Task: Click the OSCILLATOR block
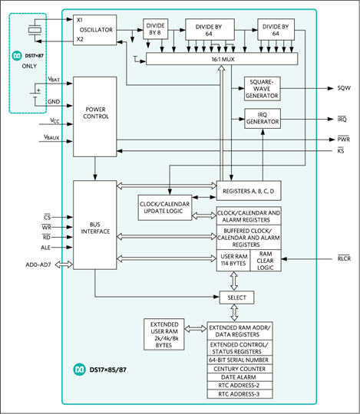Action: tap(94, 30)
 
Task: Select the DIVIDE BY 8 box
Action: tap(155, 29)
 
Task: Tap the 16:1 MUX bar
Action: tap(222, 59)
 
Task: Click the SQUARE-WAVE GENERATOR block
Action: tap(263, 89)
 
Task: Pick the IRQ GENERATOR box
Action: tap(263, 119)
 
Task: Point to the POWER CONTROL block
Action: tap(95, 117)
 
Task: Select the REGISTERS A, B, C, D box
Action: tap(249, 191)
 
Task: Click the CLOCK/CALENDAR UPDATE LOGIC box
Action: tap(165, 208)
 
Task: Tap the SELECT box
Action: tap(237, 297)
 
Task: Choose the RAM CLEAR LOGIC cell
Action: tap(266, 261)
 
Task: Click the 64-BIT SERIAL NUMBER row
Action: tap(239, 360)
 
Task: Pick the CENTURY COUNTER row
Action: tap(239, 369)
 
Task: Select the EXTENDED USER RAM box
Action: tap(163, 334)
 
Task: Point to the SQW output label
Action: tap(344, 88)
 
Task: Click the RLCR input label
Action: tap(344, 258)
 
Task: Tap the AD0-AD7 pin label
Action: tap(38, 264)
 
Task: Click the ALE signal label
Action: tap(45, 248)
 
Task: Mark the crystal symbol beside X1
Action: tap(35, 30)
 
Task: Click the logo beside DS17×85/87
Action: tap(79, 370)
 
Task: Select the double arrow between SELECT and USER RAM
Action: tap(234, 281)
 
